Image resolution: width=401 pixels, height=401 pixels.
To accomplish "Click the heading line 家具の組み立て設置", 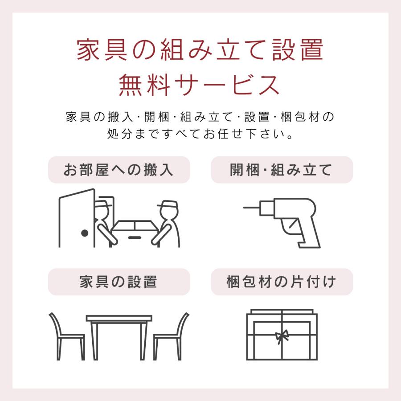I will [x=200, y=51].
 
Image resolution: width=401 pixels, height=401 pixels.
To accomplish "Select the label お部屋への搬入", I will [x=119, y=170].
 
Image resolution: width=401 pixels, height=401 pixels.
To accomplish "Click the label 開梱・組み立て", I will [x=282, y=170].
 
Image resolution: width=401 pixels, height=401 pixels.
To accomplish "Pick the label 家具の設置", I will [x=119, y=282].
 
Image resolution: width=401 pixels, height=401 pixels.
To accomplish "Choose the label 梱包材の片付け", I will [x=282, y=282].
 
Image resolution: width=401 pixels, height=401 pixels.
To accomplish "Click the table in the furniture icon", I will [x=119, y=330].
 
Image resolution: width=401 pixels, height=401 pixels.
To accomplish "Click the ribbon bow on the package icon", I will [x=282, y=335].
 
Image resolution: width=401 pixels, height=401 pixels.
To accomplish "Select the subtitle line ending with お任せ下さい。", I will [x=200, y=134].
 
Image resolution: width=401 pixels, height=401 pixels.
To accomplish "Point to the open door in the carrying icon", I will [x=78, y=218].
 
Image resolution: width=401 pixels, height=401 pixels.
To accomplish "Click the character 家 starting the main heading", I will [x=87, y=51].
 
